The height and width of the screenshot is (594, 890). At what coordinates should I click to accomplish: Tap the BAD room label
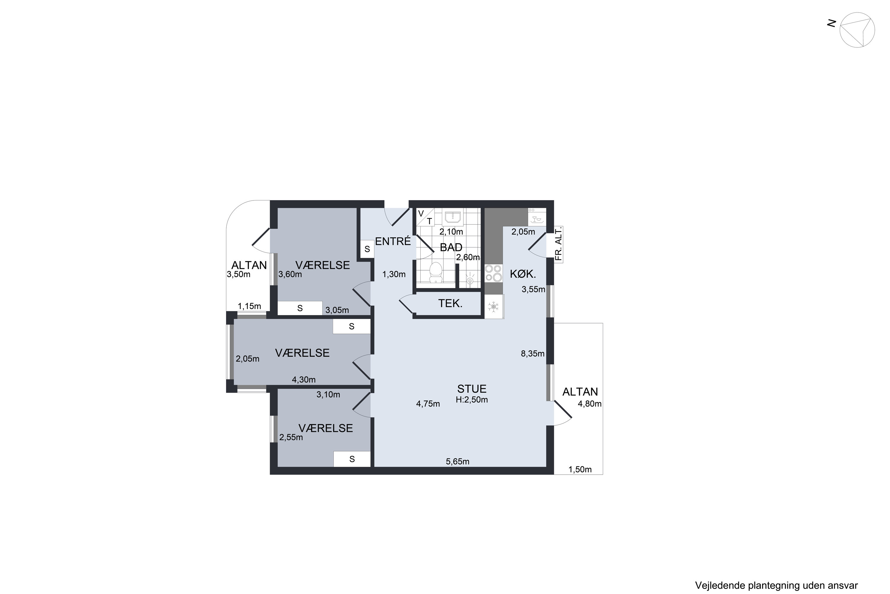click(451, 247)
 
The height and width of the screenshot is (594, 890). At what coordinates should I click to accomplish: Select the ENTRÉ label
click(393, 241)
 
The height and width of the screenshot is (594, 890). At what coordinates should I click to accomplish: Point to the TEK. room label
click(450, 304)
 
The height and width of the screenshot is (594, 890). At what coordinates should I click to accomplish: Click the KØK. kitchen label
click(523, 274)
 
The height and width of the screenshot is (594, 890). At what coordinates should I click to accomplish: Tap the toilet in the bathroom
click(436, 272)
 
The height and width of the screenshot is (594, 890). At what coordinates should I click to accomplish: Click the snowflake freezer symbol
click(493, 307)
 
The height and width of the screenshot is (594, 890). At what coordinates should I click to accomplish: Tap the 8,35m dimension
click(533, 354)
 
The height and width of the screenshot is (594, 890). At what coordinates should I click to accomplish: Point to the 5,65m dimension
click(457, 462)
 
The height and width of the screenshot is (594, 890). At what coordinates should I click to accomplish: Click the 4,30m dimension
click(303, 380)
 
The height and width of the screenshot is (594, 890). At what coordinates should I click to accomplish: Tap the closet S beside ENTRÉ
click(367, 249)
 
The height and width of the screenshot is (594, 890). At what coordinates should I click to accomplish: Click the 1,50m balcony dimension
click(580, 470)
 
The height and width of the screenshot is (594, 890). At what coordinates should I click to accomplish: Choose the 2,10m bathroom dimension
click(451, 231)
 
